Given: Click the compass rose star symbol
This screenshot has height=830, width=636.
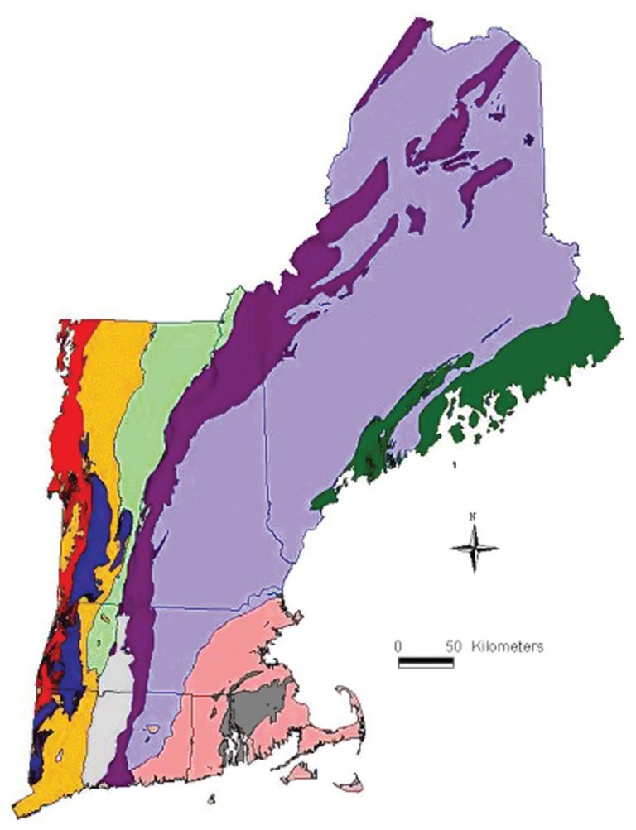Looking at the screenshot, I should click(475, 548).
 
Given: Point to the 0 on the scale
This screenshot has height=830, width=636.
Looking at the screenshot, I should click(397, 645).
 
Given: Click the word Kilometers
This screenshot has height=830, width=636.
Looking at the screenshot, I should click(507, 645).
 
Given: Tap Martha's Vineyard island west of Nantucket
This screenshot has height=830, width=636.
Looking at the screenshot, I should click(299, 772).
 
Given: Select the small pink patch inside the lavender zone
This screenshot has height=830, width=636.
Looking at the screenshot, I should click(152, 729).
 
